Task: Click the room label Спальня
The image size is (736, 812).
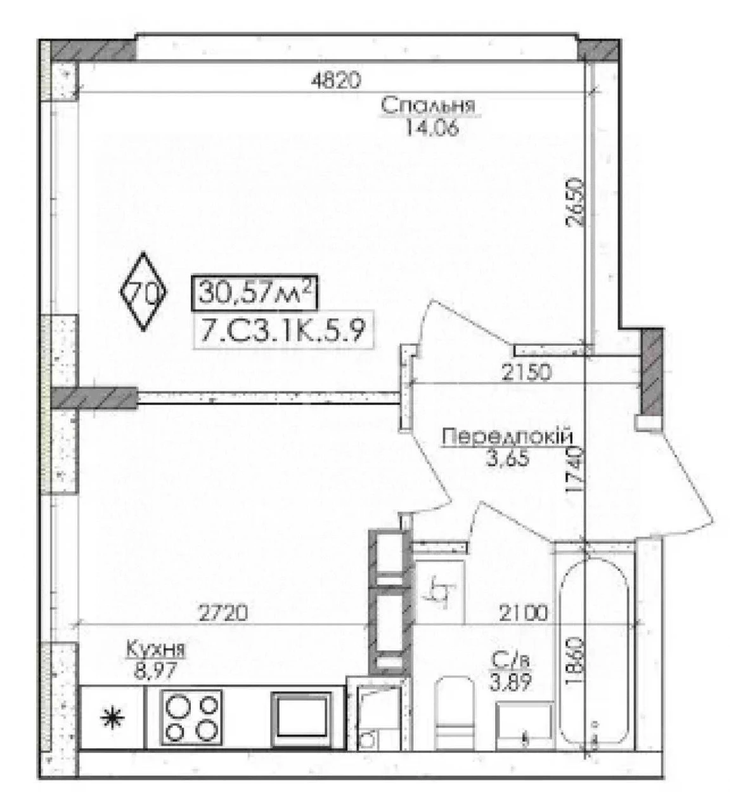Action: (428, 106)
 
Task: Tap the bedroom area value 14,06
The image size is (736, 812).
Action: (432, 129)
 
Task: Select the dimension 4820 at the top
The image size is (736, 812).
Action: (336, 81)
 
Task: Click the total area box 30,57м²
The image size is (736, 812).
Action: (255, 293)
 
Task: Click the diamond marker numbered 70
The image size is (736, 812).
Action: (144, 291)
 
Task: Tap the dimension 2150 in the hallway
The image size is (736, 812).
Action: (526, 372)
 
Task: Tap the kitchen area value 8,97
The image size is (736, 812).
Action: (155, 671)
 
